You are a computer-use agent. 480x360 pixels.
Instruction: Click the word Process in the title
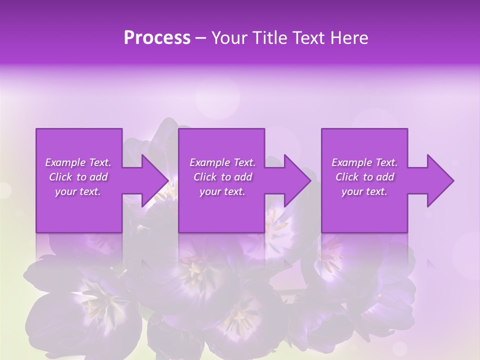[157, 38]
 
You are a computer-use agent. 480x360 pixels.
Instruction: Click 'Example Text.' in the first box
[78, 162]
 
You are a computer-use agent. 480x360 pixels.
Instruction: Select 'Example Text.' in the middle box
[222, 162]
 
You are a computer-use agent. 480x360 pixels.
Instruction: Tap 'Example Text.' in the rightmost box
[364, 162]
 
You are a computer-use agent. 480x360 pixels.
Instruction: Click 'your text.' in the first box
[78, 192]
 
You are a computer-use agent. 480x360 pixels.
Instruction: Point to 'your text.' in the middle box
[222, 192]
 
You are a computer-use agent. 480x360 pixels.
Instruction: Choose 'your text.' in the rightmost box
[364, 192]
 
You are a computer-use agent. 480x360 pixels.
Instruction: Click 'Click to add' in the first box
[78, 177]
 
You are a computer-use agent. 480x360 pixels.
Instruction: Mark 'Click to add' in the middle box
[222, 177]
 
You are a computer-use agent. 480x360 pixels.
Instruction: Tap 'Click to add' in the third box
[364, 177]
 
